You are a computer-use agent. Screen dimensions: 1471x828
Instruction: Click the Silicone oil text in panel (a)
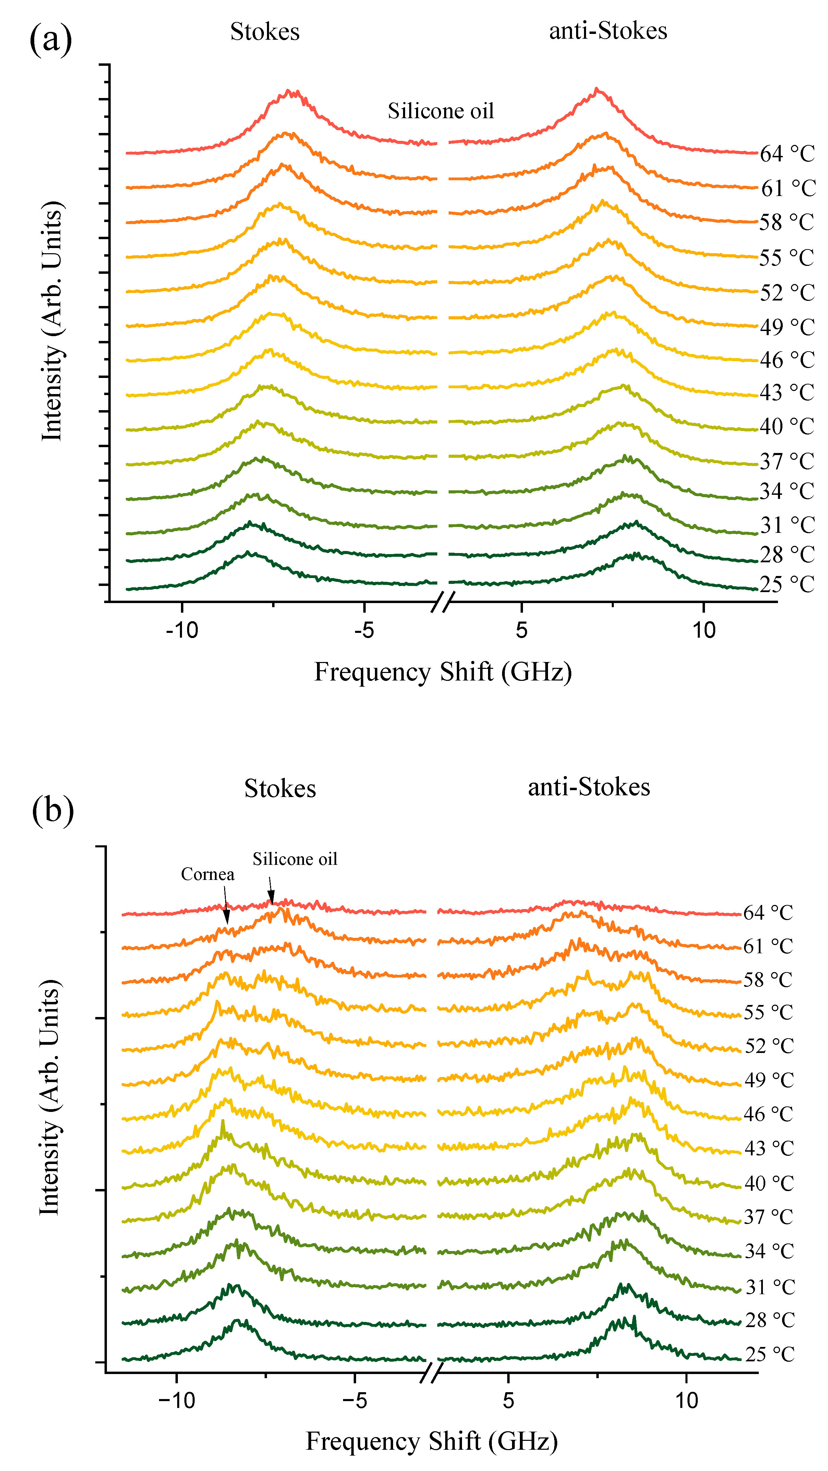[440, 111]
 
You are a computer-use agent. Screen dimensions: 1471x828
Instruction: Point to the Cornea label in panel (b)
[207, 874]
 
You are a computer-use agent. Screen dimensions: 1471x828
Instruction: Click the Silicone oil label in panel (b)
[295, 859]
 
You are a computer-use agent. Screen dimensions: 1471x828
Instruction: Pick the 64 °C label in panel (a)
[787, 154]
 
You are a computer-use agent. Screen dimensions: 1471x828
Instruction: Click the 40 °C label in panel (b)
[769, 1182]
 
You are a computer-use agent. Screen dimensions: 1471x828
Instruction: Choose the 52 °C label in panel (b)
[769, 1045]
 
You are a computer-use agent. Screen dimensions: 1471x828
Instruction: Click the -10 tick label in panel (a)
[182, 630]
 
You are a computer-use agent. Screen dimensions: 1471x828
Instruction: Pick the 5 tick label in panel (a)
[521, 630]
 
